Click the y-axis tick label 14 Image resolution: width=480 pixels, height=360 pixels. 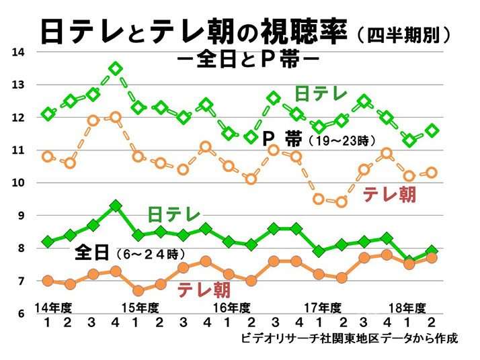(x=19, y=52)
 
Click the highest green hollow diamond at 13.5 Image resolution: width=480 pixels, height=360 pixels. (x=115, y=69)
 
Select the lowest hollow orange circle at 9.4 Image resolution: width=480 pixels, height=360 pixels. (x=342, y=201)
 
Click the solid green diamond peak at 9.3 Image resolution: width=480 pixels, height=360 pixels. (x=115, y=206)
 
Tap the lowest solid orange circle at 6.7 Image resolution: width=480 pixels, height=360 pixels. (x=138, y=291)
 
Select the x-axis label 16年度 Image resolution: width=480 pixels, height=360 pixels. (x=228, y=308)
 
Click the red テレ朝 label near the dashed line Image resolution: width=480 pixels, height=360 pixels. (x=389, y=195)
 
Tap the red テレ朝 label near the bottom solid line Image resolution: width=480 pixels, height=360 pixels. (x=204, y=290)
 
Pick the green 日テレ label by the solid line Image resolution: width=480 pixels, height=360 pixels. (x=174, y=216)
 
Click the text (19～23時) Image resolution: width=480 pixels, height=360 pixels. (x=342, y=142)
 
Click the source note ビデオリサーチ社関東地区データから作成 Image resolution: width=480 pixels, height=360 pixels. (x=350, y=339)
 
